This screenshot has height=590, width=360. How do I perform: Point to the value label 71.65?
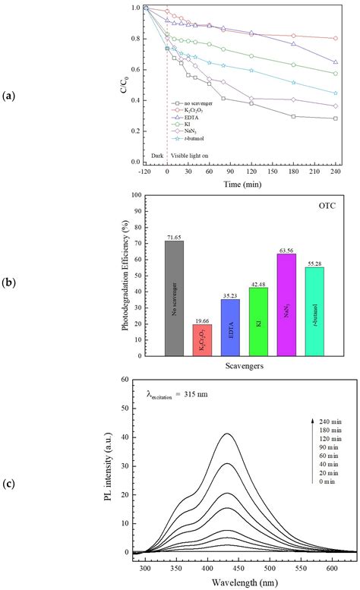point(174,236)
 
